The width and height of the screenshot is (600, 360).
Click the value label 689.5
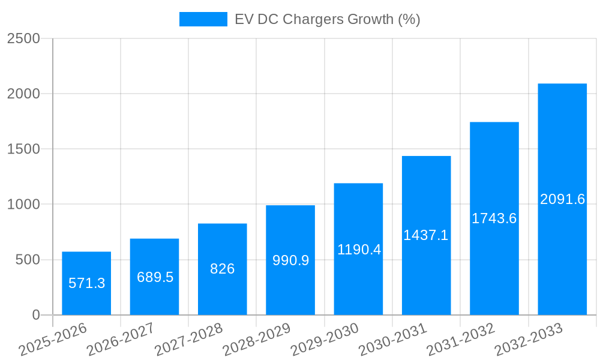[x=155, y=277]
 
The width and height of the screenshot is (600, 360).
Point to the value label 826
[x=222, y=269]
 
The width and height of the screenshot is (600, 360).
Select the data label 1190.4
[x=359, y=250]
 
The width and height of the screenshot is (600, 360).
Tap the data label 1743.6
[x=494, y=218]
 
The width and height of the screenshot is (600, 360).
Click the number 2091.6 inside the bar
[x=562, y=199]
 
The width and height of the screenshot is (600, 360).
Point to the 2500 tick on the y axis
[x=23, y=38]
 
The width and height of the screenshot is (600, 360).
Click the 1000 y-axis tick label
[x=23, y=205]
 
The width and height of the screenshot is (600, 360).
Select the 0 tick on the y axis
[x=35, y=315]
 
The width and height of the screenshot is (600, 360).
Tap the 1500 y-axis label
[x=23, y=149]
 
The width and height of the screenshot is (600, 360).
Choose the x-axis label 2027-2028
[x=189, y=339]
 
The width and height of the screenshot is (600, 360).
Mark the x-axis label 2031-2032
[x=461, y=339]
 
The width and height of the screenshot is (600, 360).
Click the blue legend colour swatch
[x=203, y=19]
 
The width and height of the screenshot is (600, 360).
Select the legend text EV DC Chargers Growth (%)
[x=327, y=19]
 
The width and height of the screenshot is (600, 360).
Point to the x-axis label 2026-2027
[x=121, y=339]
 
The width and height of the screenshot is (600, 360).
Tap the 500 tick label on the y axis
[x=27, y=260]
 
